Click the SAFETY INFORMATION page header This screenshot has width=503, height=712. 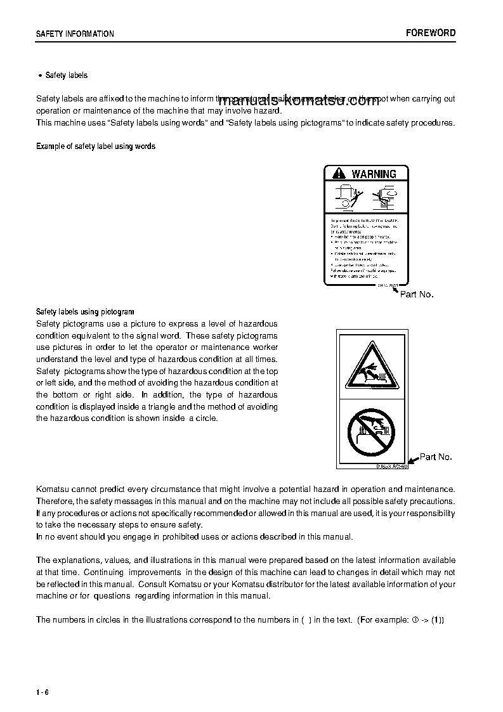(75, 34)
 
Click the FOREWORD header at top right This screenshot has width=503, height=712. (431, 33)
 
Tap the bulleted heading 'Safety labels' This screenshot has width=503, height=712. (67, 75)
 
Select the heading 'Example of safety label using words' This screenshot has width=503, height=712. (96, 146)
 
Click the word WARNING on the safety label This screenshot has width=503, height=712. (374, 174)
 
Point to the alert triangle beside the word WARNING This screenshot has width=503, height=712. (339, 174)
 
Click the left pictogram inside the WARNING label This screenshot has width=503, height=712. (346, 197)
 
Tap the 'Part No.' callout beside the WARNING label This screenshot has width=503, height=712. (417, 294)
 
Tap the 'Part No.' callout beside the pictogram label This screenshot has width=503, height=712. (436, 456)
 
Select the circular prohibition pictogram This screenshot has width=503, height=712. (370, 432)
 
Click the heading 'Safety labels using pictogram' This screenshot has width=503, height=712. (85, 312)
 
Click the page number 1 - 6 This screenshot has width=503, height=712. (42, 692)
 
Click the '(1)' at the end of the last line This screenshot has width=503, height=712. (438, 620)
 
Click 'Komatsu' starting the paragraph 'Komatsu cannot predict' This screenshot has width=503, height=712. (53, 489)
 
